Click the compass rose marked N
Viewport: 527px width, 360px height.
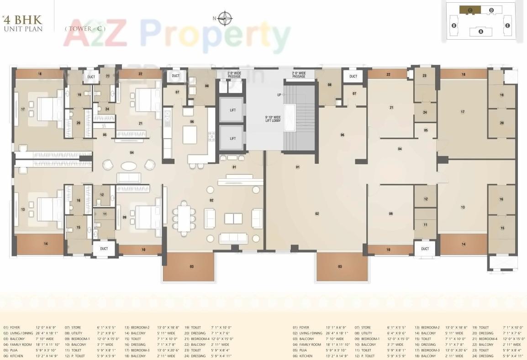pos(224,18)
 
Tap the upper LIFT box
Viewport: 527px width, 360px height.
pos(232,110)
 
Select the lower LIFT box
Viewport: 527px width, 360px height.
pos(232,138)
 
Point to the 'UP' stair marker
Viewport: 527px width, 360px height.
pos(279,94)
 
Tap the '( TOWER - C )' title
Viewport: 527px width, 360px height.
pos(85,28)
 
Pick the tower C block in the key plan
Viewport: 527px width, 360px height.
pos(469,10)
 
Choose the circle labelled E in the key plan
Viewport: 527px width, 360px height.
pos(507,26)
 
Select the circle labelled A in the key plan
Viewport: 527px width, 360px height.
pos(480,32)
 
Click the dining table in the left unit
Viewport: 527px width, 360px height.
pos(184,218)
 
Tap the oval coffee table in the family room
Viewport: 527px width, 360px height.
pos(128,166)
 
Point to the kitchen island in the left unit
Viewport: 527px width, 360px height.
pos(190,135)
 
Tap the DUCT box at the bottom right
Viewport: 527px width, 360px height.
pos(425,249)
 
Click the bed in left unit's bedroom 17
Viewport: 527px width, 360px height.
pos(49,110)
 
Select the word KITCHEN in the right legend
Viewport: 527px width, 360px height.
pos(306,356)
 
